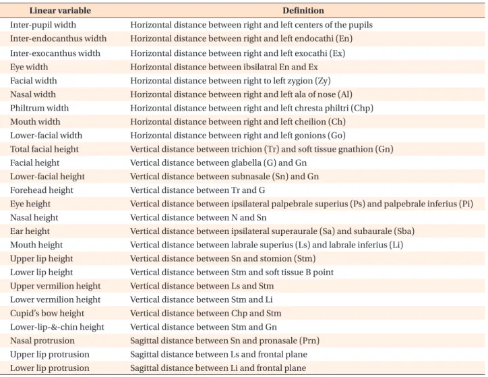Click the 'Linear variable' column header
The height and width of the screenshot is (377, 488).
pos(60,11)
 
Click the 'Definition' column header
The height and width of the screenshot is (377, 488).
pos(303,11)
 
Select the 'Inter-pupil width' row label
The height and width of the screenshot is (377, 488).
pos(43,25)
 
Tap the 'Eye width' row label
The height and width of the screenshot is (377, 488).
pos(29,67)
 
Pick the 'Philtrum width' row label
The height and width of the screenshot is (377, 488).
pos(39,108)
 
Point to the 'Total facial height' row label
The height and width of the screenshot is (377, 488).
pos(44,149)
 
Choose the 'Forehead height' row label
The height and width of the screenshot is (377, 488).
pos(41,190)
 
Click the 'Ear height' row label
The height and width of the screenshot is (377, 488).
pos(30,231)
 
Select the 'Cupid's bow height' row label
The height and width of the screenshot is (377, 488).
pos(47,313)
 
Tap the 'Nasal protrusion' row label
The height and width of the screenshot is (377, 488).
pos(42,341)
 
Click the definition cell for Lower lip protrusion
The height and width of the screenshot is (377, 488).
pos(218,368)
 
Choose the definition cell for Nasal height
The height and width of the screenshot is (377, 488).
pos(198,218)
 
